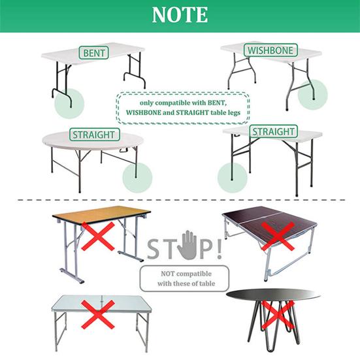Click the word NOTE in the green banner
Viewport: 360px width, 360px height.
tap(180, 14)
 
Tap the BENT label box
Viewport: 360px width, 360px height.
tap(93, 53)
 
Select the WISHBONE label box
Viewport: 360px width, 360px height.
tap(270, 50)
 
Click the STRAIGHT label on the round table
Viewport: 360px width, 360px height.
tap(95, 135)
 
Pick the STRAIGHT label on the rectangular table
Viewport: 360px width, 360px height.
tap(274, 131)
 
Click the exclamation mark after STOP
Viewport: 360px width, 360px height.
tap(219, 249)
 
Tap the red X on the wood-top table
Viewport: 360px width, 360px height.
tap(98, 237)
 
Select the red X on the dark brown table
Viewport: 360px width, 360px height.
tap(278, 236)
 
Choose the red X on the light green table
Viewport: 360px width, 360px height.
tap(98, 314)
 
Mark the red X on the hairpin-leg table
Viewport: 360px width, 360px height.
tap(277, 315)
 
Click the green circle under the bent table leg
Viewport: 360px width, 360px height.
tap(69, 103)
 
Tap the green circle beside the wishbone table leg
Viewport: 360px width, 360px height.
tap(312, 95)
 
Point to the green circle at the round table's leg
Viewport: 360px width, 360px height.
tap(137, 178)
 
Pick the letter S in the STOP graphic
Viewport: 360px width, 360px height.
tap(153, 249)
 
